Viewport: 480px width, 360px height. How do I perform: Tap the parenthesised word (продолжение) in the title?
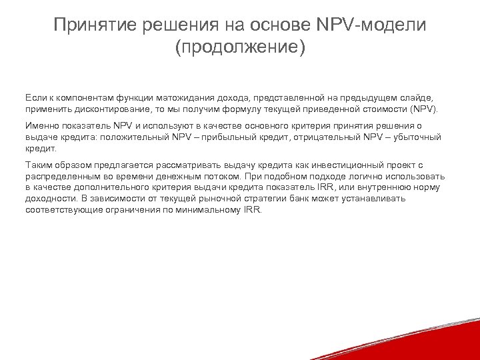coord(240,49)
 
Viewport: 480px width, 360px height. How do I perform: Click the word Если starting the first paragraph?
coord(35,97)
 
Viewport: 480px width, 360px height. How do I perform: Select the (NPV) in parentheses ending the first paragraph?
coord(425,109)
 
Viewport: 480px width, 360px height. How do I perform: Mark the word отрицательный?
coord(329,137)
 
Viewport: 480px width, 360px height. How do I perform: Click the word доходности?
coord(51,199)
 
